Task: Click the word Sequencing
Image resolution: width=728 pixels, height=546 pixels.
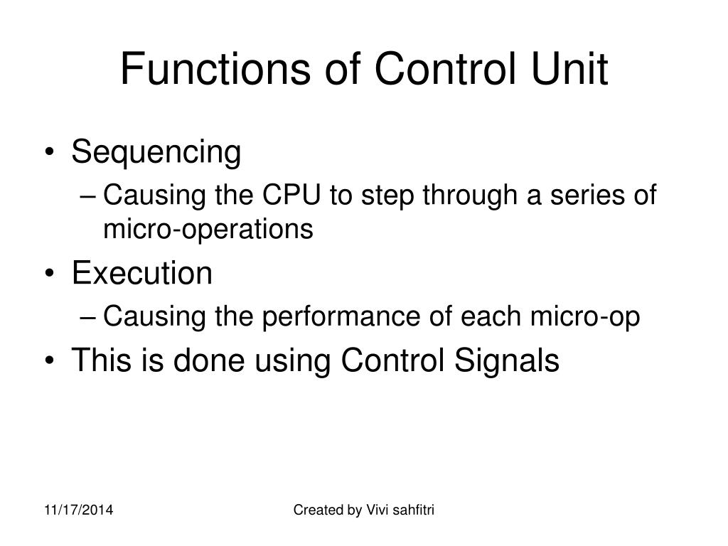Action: (156, 153)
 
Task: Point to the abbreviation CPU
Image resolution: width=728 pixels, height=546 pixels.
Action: (293, 196)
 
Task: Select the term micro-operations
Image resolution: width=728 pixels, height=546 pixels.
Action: (208, 229)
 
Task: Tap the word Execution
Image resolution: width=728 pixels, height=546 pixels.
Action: (142, 274)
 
